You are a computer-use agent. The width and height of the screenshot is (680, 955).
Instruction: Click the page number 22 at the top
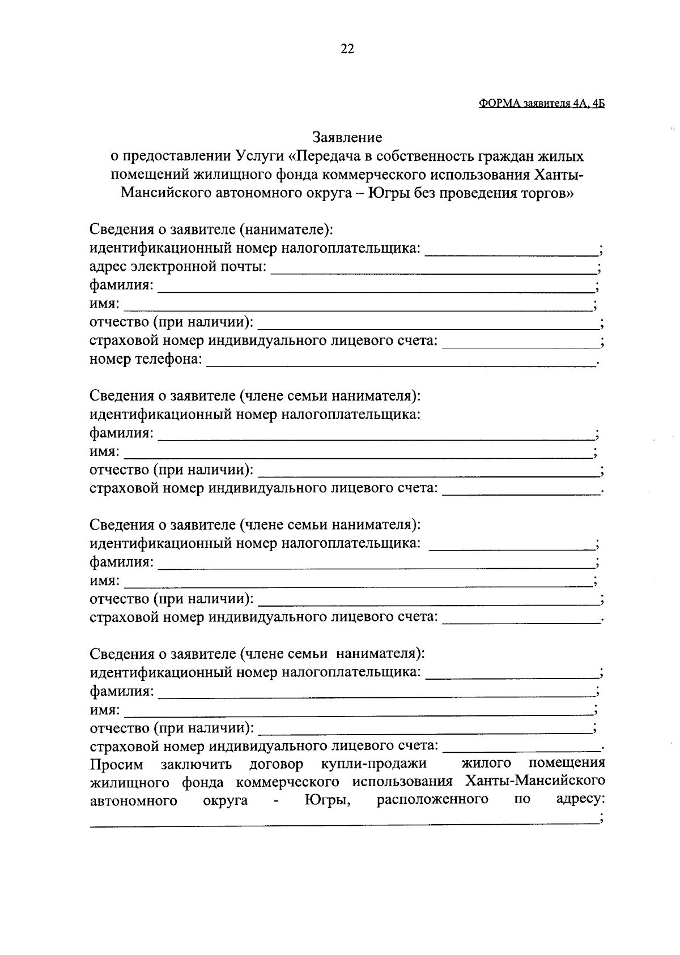[x=347, y=49]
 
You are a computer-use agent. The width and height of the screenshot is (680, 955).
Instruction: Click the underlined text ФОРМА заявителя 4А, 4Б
[x=542, y=104]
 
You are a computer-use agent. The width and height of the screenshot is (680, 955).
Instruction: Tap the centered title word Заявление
[x=347, y=138]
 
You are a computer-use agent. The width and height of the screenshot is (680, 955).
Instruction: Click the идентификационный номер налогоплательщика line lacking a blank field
[x=255, y=414]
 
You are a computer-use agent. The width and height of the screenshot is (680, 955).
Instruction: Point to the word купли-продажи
[x=373, y=765]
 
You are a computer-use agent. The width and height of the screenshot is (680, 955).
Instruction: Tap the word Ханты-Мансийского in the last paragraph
[x=534, y=781]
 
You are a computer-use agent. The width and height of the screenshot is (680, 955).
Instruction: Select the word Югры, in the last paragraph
[x=327, y=800]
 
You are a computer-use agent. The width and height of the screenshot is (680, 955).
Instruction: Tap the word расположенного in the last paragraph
[x=432, y=800]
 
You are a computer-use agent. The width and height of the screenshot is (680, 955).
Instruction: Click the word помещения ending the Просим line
[x=566, y=763]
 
